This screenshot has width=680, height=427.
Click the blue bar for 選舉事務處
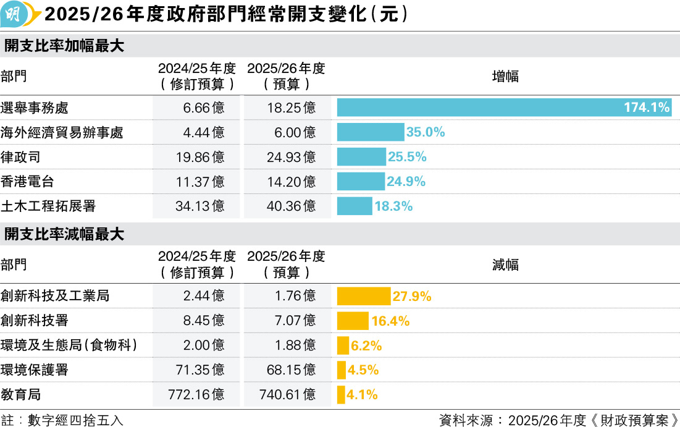coord(482,108)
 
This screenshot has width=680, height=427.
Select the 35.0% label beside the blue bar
coord(426,132)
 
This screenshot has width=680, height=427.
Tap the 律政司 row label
coord(21,157)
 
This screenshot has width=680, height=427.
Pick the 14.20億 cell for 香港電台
coord(291,182)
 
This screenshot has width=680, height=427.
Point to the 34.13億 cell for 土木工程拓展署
coord(199,206)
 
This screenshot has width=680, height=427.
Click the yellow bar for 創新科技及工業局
coord(363,296)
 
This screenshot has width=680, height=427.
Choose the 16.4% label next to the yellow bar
coord(390,321)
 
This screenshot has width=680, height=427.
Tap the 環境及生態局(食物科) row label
coord(69,345)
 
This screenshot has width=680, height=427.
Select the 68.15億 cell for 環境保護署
coord(291,370)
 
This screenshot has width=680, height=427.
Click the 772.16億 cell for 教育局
coord(196,395)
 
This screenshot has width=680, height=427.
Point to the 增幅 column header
coord(505,77)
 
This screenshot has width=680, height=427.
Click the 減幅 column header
coord(505,265)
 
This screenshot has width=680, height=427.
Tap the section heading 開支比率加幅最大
coord(64,46)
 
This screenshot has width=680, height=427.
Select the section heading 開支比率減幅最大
coord(64,235)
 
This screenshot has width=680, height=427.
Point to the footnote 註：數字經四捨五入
coord(62,420)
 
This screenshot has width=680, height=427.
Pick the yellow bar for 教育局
coord(341,395)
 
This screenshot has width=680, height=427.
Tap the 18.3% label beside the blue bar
coord(393,206)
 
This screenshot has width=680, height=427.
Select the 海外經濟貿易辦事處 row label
coord(62,132)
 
